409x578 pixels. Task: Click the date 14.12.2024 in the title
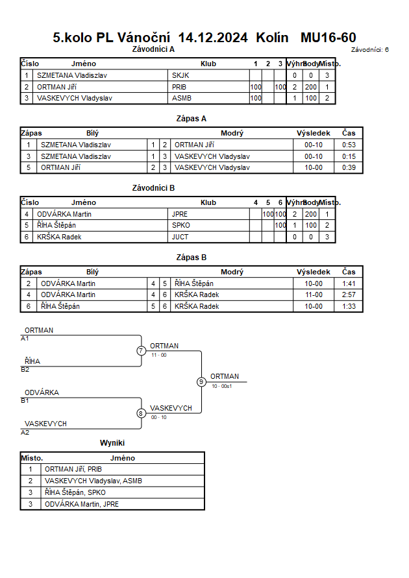pos(213,38)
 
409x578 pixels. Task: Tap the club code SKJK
pos(180,75)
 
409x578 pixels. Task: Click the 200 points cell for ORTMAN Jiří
pos(311,87)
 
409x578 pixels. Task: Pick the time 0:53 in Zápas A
pos(349,145)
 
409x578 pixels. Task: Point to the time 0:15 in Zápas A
pos(349,156)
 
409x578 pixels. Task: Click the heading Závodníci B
pos(153,188)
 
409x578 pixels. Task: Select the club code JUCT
pos(180,237)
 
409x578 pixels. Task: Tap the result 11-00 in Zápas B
pos(314,295)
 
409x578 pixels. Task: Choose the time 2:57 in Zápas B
pos(349,295)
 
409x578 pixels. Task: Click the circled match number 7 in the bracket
pos(142,350)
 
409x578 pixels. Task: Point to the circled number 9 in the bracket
pos(201,382)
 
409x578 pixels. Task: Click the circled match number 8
pos(141,413)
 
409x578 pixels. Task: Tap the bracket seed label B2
pos(25,370)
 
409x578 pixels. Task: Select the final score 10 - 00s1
pos(221,387)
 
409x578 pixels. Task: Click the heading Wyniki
pos(112,443)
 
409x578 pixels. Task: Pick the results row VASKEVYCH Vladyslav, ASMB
pos(93,481)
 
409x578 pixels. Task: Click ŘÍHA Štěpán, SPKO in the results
pos(75,492)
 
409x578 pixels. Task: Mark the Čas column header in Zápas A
pos(349,133)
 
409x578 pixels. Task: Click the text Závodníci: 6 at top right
pos(370,50)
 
